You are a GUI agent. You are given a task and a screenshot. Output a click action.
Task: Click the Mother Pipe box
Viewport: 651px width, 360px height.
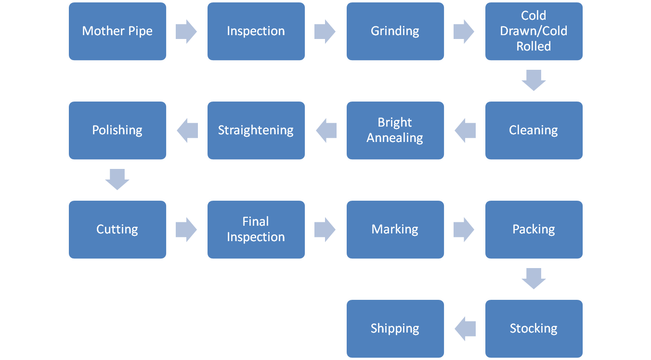117,31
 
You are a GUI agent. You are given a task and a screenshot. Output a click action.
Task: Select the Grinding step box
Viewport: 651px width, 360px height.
395,31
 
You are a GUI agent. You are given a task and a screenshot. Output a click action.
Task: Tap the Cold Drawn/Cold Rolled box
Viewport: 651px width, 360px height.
534,31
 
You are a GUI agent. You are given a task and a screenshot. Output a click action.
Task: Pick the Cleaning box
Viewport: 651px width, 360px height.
534,130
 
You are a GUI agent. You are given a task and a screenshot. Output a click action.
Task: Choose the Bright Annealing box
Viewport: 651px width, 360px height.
395,130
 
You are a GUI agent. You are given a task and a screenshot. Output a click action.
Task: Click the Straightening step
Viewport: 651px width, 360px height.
256,130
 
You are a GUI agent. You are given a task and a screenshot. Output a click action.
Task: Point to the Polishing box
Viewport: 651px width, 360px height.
117,130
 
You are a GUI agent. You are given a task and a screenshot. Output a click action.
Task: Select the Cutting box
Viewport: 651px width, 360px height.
117,230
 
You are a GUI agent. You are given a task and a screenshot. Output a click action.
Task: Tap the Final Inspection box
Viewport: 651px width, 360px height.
256,230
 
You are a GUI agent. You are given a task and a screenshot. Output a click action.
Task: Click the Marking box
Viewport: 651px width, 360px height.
395,230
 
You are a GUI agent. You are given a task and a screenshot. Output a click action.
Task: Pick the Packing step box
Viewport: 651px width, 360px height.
534,230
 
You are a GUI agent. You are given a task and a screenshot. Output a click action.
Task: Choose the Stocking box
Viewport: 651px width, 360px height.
534,329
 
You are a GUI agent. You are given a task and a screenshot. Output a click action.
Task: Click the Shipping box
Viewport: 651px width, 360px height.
395,329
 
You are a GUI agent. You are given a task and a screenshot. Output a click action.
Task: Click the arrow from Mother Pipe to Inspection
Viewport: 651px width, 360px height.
186,31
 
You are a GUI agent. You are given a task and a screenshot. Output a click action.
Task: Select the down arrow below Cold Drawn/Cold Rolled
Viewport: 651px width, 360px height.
534,80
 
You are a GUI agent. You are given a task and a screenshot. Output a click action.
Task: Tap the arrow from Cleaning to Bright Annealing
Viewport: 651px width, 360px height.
465,130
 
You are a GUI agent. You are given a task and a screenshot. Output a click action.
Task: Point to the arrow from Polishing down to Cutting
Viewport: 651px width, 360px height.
117,180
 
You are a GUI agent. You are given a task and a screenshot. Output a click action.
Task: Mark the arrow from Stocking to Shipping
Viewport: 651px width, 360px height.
465,329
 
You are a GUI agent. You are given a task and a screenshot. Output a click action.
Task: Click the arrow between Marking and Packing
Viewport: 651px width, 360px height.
464,230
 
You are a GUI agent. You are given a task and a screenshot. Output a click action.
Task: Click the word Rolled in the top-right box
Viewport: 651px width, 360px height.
534,47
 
